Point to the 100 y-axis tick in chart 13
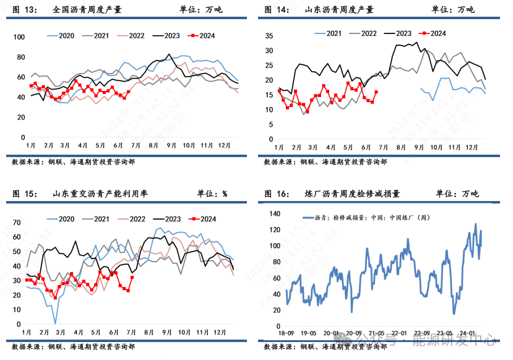(19, 37)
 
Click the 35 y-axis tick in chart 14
(269, 35)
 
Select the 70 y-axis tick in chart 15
(17, 222)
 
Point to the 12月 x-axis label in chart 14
(472, 147)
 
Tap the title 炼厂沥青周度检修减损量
(355, 194)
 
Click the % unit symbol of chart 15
(225, 194)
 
